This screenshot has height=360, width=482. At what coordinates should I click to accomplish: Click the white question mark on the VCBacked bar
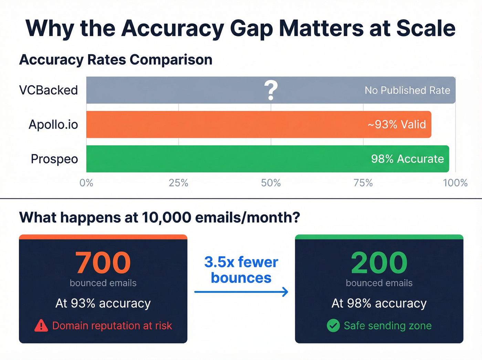[x=271, y=90]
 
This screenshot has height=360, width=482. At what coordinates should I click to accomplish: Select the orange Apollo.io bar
[x=224, y=124]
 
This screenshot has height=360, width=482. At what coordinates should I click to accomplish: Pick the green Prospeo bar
[x=224, y=159]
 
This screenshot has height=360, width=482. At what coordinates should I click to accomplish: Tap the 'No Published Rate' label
[x=407, y=90]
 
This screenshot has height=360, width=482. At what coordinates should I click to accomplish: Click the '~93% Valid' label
[x=397, y=124]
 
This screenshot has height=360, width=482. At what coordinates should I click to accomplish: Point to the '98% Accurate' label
[x=407, y=159]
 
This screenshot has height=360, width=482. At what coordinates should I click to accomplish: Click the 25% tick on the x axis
[x=178, y=183]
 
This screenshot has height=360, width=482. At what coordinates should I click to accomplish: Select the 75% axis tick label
[x=363, y=183]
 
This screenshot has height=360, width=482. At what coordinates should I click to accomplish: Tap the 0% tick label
[x=86, y=183]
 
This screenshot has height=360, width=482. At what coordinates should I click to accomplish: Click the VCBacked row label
[x=49, y=90]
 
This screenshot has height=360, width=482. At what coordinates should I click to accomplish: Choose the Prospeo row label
[x=54, y=159]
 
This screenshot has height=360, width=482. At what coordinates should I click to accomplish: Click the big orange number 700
[x=103, y=263]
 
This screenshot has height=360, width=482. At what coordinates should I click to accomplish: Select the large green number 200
[x=379, y=263]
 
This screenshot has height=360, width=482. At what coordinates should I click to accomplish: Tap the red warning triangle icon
[x=41, y=326]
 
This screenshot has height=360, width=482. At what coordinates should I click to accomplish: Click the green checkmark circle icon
[x=333, y=326]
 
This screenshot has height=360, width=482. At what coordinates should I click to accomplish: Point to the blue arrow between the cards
[x=241, y=292]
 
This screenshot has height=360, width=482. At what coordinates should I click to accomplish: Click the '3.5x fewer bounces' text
[x=241, y=270]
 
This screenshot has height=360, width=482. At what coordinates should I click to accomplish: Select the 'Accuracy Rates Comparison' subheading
[x=116, y=60]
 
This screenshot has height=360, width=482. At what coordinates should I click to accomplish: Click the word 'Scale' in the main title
[x=426, y=28]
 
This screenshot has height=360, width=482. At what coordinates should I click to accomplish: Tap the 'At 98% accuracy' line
[x=379, y=304]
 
